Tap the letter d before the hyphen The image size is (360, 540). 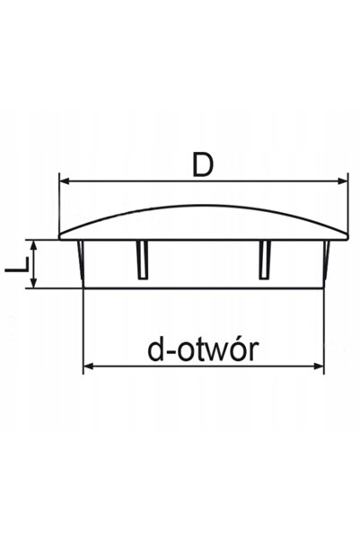(x=155, y=350)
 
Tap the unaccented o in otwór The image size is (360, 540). (x=181, y=352)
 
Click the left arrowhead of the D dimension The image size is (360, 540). (x=65, y=181)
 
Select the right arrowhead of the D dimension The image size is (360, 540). (x=342, y=181)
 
